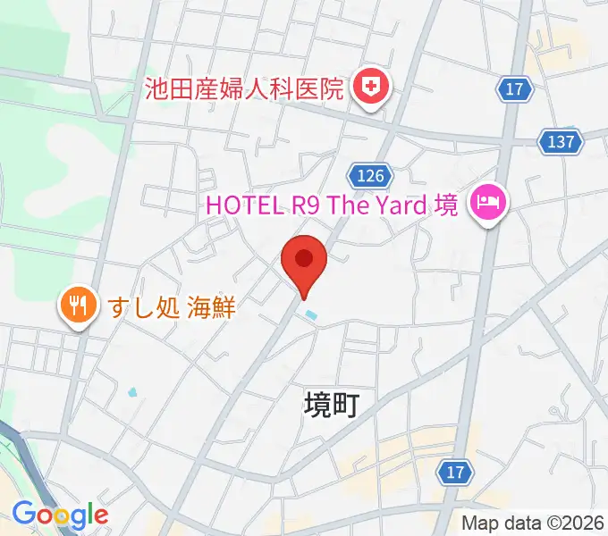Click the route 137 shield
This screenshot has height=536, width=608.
coord(562,141)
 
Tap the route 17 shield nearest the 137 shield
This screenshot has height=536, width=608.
coord(513,89)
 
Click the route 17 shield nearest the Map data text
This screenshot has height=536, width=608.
coord(456,472)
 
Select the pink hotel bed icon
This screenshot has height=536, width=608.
coord(489,202)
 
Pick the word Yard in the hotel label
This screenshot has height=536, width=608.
coord(399,205)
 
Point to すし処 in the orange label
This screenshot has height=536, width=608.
coord(146,308)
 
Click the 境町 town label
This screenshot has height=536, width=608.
coord(331,406)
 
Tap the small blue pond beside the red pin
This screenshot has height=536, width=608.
coord(310,315)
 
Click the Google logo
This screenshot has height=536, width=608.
coord(60,515)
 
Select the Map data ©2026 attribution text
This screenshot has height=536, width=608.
coord(532,523)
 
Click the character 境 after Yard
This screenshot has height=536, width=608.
coord(446,205)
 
